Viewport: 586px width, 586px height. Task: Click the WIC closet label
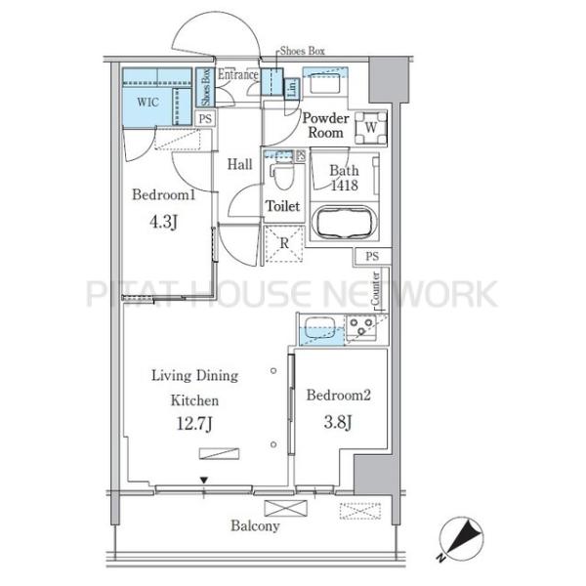click(x=148, y=102)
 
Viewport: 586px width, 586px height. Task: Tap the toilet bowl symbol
click(x=283, y=177)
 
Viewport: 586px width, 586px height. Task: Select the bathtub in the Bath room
click(x=344, y=222)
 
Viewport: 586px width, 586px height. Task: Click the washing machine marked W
click(x=370, y=128)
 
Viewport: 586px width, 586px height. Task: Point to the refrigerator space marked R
click(x=284, y=243)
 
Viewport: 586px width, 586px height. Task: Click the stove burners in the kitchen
click(x=361, y=326)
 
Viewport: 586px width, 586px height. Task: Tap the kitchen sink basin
click(x=320, y=328)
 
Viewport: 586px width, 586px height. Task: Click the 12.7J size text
click(x=194, y=424)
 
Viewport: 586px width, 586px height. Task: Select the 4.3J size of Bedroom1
click(x=163, y=222)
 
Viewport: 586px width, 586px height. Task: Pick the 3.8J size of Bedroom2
click(x=338, y=422)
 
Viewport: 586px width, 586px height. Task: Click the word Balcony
click(x=255, y=525)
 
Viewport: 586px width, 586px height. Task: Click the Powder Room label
click(x=325, y=125)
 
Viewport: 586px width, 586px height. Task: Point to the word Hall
click(x=240, y=164)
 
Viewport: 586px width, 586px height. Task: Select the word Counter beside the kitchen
click(x=375, y=288)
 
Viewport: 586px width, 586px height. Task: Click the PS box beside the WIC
click(x=205, y=119)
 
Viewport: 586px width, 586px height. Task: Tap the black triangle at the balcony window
click(x=204, y=480)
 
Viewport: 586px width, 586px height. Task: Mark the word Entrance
click(x=238, y=75)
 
